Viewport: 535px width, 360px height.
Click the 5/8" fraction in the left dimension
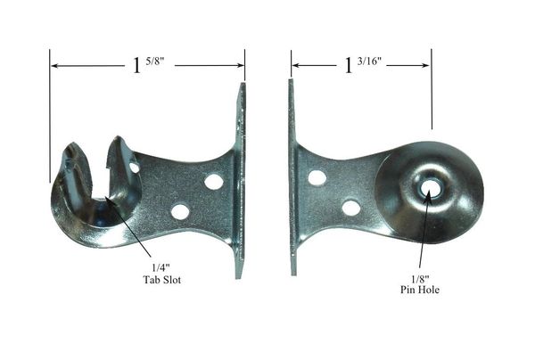pos(155,62)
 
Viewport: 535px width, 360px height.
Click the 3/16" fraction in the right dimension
pos(369,61)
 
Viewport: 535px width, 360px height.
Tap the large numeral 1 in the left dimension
pos(136,65)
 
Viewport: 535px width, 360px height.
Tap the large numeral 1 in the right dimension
pos(348,65)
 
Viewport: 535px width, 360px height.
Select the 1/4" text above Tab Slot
pos(160,267)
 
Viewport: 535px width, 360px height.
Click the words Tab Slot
pos(161,280)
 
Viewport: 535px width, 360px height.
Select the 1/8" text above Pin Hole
pos(420,280)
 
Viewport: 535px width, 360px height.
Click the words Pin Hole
pos(420,290)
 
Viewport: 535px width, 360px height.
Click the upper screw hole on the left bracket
pos(214,181)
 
